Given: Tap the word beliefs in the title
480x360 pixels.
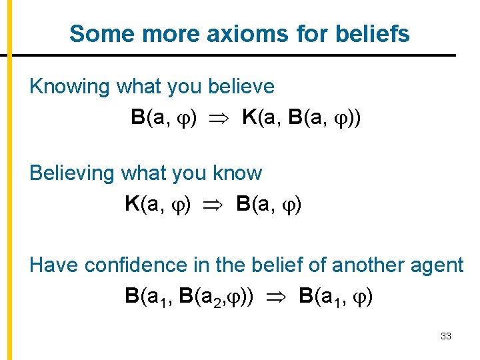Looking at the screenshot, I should point(374,33).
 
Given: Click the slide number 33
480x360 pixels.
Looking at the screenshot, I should point(446,337).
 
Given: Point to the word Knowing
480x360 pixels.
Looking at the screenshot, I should point(69,87).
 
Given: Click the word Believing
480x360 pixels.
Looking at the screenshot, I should point(72,174).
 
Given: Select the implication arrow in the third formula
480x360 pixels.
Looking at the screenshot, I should point(276,296).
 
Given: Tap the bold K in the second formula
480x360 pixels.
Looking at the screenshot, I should point(132,204).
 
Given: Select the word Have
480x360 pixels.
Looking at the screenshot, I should point(53,265).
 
